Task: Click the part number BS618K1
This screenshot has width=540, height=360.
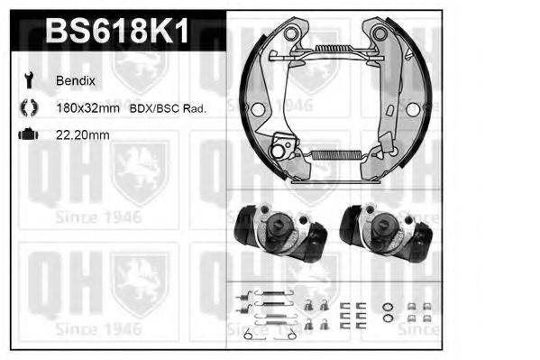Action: (x=117, y=33)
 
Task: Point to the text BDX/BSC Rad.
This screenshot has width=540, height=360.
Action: (x=169, y=108)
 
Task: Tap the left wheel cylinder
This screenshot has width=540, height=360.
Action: (x=279, y=233)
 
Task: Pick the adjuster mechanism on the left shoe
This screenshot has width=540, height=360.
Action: (x=285, y=144)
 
